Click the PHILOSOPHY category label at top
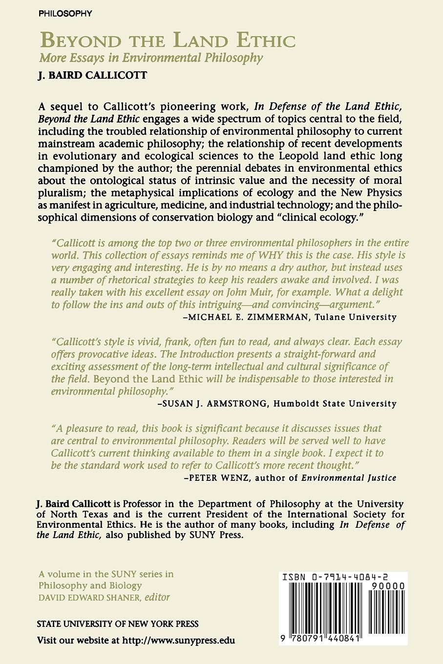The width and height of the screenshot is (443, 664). click(65, 14)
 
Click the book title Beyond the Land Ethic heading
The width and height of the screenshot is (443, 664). click(168, 41)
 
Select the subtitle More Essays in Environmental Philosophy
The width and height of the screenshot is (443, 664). click(151, 58)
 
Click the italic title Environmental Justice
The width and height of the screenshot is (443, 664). click(349, 478)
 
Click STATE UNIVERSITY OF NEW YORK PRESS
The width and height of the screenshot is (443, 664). click(118, 624)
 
